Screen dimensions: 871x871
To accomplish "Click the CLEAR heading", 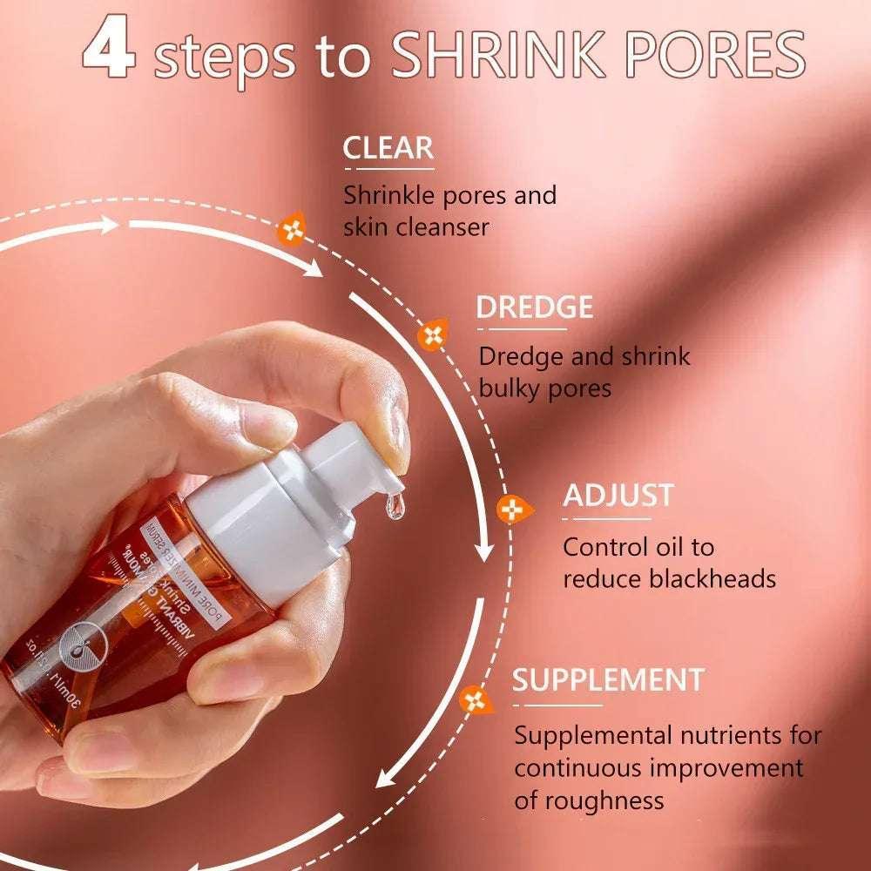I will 388,148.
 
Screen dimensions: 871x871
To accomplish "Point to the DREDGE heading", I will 534,307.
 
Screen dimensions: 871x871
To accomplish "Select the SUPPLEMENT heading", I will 608,679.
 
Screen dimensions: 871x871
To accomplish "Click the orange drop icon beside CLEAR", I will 291,231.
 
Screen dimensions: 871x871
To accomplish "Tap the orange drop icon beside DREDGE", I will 432,335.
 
